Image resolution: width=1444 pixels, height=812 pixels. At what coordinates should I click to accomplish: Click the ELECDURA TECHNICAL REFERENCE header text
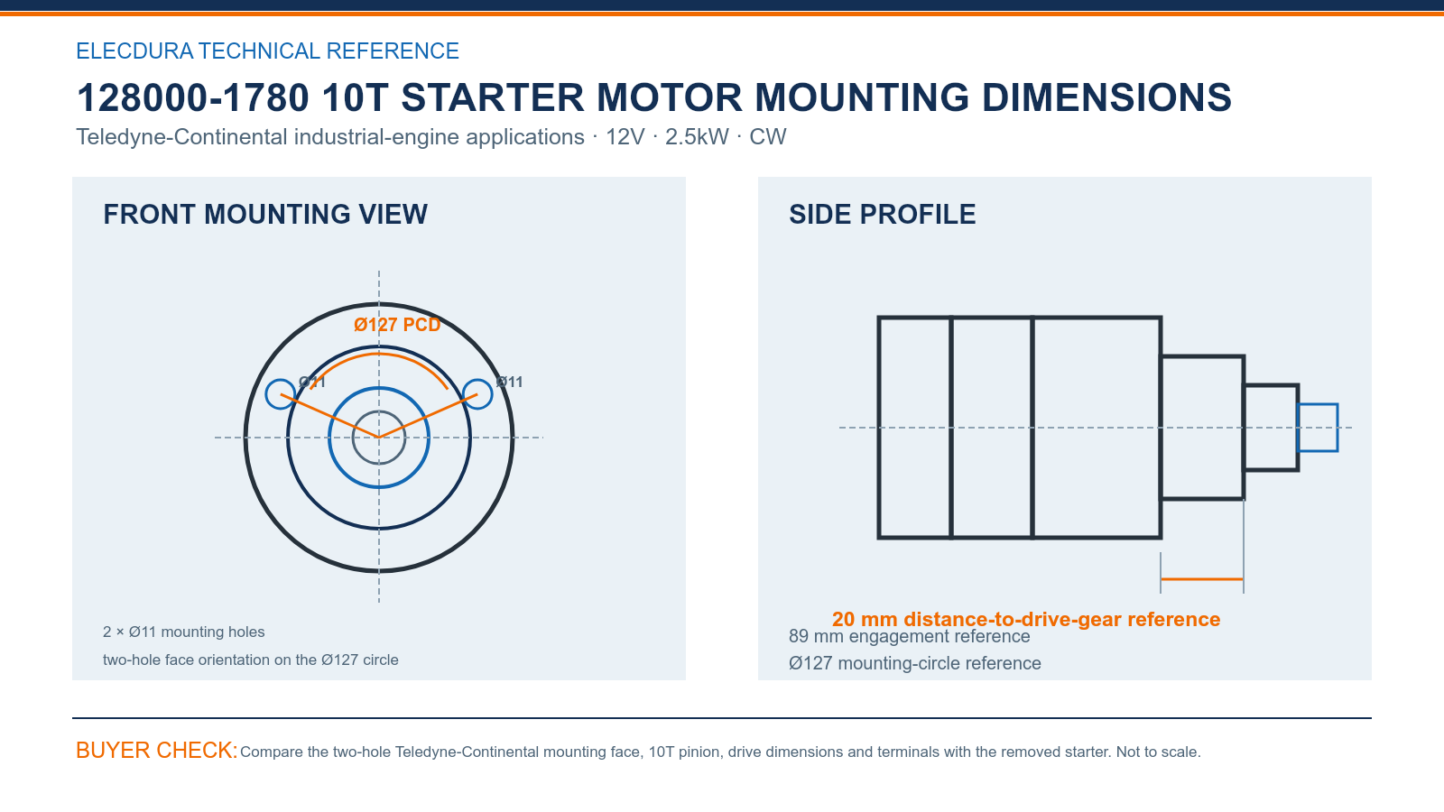click(267, 51)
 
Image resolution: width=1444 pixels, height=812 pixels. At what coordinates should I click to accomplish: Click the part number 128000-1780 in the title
click(193, 97)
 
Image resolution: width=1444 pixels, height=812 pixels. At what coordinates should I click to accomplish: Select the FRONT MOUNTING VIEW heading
click(265, 214)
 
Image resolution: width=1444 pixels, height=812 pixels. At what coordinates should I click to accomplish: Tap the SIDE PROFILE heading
click(882, 214)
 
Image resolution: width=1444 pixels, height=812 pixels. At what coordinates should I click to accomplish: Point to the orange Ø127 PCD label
click(397, 324)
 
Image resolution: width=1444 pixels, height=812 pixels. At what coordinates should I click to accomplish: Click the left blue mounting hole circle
click(281, 393)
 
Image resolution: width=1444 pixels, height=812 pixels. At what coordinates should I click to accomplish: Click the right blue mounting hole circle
click(477, 393)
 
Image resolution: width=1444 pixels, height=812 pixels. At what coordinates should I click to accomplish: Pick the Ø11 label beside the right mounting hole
click(509, 383)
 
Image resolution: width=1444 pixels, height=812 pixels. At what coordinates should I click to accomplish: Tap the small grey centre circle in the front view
click(379, 411)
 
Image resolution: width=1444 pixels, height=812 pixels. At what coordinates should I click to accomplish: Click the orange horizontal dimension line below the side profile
click(1201, 579)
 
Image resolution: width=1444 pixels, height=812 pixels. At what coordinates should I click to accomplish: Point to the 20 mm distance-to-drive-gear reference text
click(1025, 619)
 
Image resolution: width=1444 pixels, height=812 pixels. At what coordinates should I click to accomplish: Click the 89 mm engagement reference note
click(909, 636)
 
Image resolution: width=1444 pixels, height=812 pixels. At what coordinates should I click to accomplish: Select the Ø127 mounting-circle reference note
click(915, 663)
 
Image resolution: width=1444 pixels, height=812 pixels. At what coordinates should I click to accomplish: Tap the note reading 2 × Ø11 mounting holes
click(184, 632)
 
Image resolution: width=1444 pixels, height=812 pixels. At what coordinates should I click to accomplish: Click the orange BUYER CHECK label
click(157, 750)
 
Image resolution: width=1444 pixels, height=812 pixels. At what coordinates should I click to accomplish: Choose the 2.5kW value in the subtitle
click(697, 136)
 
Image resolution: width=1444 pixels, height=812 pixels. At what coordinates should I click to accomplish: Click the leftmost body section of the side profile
click(915, 428)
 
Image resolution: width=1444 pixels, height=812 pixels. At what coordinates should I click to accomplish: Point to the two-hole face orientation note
click(250, 660)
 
